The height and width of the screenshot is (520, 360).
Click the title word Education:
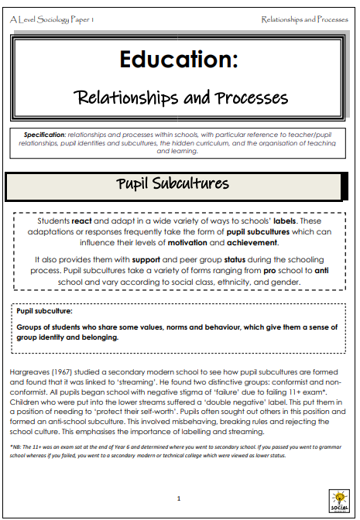point(179,59)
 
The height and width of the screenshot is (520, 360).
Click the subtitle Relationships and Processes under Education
point(181,97)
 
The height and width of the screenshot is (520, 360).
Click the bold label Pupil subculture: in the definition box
point(46,311)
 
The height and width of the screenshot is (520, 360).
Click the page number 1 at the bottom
point(179,498)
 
